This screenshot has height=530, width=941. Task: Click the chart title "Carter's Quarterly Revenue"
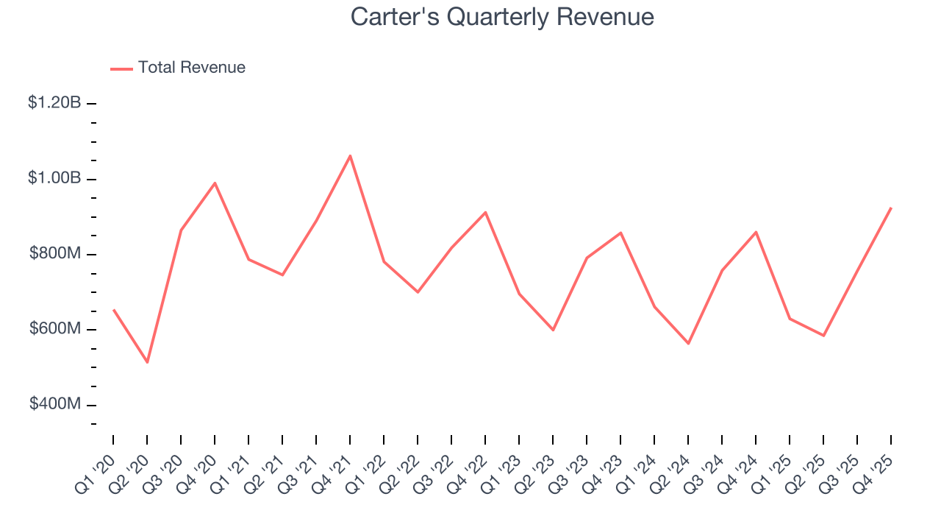pos(502,16)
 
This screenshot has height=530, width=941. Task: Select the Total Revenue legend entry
pos(178,68)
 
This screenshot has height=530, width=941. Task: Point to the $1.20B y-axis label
pos(54,103)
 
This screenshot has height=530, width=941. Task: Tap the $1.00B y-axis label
pos(54,179)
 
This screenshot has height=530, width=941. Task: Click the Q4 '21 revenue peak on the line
pos(350,155)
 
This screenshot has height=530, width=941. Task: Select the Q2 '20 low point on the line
pos(147,362)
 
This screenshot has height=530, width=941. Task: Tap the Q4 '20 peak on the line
pos(215,183)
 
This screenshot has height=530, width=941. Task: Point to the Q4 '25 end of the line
pos(891,208)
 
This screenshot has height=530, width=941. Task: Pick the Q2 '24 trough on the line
pos(688,344)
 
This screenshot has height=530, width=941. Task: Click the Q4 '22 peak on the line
pos(485,212)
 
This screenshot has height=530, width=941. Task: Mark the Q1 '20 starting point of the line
pos(113,310)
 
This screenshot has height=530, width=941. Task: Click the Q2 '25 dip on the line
pos(823,336)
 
